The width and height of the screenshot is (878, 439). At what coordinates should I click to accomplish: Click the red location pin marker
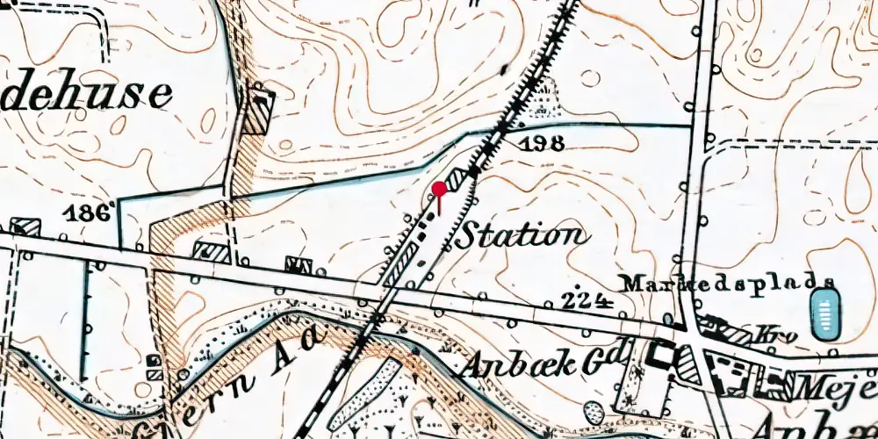coord(439,189)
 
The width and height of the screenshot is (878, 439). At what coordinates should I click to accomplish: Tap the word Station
coord(521,235)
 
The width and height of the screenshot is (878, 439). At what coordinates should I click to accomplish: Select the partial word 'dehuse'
coord(85,94)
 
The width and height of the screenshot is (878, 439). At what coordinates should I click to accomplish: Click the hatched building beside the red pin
coord(457,180)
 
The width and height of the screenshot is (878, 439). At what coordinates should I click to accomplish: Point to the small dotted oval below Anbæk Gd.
coord(594,413)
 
